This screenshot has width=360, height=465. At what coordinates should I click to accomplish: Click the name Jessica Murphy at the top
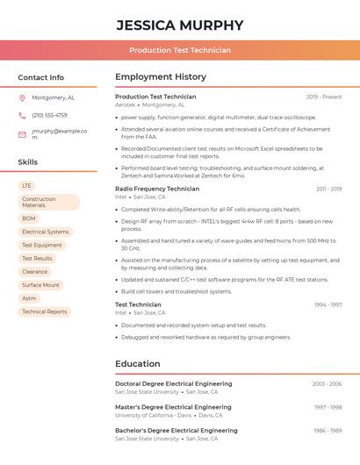point(179,25)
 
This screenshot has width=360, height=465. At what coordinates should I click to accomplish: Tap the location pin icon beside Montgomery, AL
point(22,97)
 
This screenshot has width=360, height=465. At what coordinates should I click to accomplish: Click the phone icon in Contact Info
point(22,115)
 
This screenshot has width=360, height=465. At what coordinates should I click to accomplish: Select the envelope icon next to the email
point(22,134)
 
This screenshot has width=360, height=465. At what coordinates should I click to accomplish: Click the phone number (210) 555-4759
point(49,115)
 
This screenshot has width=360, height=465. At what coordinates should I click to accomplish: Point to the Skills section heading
point(28,162)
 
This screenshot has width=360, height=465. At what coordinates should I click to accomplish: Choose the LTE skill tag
point(26,186)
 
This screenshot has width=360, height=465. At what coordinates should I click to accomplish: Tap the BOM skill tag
point(29,218)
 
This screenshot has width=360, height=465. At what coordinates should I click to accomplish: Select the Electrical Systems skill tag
point(45,232)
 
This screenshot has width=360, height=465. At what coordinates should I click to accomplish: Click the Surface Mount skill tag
point(40,285)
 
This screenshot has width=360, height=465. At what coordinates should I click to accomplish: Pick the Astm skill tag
point(29,298)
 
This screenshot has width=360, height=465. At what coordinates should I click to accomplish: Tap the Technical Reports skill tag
point(44,311)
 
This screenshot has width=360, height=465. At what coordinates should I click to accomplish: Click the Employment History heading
point(161,77)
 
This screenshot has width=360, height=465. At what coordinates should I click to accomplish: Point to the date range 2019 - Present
point(324,97)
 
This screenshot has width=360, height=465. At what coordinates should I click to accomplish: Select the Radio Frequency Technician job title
point(157,189)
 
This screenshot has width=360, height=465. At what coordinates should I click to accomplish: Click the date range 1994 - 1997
point(328,304)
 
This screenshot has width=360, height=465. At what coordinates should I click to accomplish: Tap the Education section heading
point(137,363)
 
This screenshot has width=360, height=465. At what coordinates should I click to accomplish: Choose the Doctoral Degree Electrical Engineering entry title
point(173,383)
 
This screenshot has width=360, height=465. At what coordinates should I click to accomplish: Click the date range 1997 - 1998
point(328,407)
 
